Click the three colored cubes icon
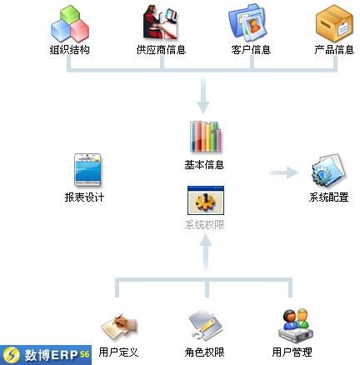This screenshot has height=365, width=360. [70, 23]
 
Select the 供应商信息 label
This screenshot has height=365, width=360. [161, 50]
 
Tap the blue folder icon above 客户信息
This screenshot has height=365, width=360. [247, 22]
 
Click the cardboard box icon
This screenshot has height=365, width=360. [334, 23]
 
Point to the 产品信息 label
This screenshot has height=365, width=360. [334, 50]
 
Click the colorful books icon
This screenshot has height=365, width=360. [205, 137]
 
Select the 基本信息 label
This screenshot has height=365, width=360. [204, 165]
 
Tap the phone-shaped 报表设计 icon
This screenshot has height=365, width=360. [87, 170]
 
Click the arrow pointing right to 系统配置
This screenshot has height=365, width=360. [283, 172]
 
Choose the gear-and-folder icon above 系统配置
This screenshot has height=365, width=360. [328, 171]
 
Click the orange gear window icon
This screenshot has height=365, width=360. [206, 201]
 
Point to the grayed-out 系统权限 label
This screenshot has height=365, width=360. [205, 225]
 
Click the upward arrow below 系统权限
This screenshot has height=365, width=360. [206, 252]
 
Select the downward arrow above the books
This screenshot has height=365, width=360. [203, 95]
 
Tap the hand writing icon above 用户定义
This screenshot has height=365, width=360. [119, 327]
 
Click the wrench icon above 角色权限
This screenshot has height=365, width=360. [205, 325]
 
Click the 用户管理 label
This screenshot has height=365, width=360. [292, 352]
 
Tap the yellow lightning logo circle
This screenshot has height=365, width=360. [10, 355]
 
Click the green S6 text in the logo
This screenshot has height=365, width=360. [84, 354]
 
